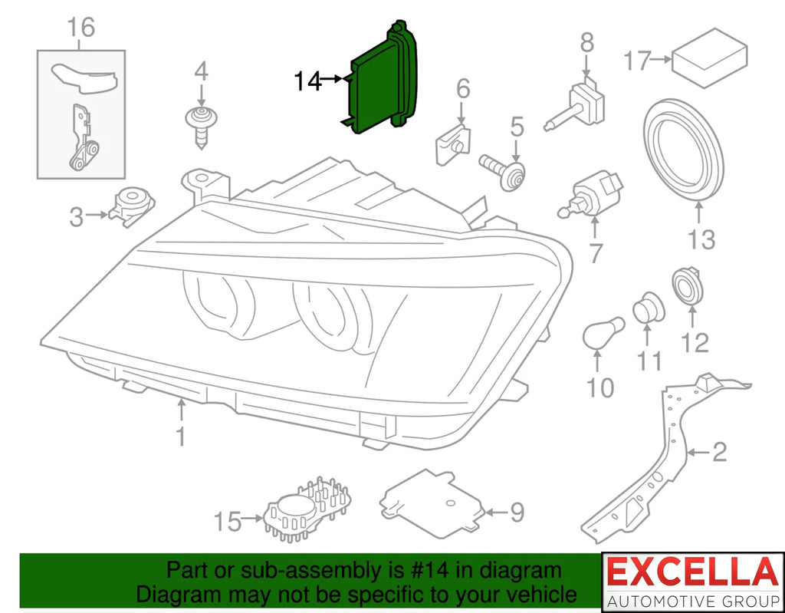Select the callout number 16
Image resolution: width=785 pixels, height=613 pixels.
[80, 27]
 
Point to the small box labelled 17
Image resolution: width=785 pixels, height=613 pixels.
[710, 58]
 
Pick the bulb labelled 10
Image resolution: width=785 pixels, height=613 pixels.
[603, 333]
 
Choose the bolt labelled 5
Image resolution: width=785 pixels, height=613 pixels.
[503, 173]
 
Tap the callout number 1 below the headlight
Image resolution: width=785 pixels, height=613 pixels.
[181, 436]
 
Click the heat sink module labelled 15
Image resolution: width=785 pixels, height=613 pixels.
[307, 509]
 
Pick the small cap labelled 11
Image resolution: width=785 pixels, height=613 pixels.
[649, 307]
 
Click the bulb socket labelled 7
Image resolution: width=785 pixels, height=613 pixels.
[591, 196]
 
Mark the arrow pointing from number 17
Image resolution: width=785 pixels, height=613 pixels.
[661, 59]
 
